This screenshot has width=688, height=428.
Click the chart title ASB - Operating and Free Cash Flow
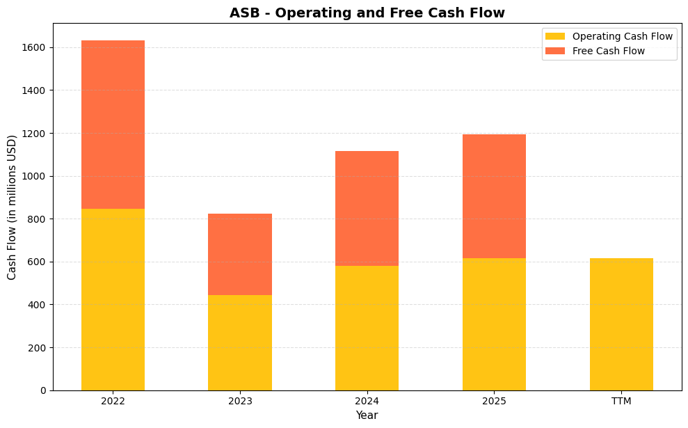(x=367, y=13)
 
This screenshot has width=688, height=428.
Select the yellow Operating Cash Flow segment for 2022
(x=113, y=299)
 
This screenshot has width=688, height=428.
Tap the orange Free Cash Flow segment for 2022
(x=113, y=125)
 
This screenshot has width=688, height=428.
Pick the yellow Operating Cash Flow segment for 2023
(x=240, y=342)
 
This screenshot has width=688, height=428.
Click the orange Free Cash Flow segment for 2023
(x=240, y=254)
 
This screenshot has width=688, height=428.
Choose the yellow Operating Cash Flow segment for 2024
(x=367, y=328)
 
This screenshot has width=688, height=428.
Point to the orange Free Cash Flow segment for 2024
(x=367, y=208)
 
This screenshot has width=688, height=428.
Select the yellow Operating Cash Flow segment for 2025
(x=494, y=324)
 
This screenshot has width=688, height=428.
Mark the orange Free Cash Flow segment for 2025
(x=494, y=196)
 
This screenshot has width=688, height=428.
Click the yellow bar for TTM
(x=621, y=324)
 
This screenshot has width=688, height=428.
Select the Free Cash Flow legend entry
(x=608, y=51)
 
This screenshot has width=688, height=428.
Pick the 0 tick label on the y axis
(x=43, y=390)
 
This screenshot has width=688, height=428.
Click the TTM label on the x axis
(x=621, y=402)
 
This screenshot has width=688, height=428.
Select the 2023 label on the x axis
(x=240, y=402)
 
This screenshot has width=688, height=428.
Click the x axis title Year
(x=367, y=415)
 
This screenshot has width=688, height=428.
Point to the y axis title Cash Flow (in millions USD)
(x=12, y=207)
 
